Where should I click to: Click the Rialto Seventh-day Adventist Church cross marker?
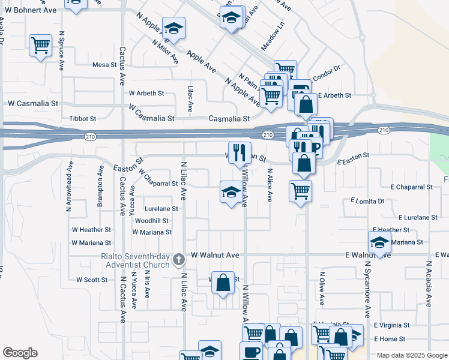(x=178, y=260)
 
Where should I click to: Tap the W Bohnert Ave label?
(x=31, y=10)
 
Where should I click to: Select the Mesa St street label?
(x=104, y=65)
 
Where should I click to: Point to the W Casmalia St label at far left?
(x=32, y=103)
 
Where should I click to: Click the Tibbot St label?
(x=83, y=119)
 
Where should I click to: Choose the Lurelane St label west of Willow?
(x=161, y=209)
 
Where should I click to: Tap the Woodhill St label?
(x=152, y=221)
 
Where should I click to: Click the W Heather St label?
(x=91, y=230)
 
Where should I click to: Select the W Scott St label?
(x=91, y=280)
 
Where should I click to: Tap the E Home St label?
(x=391, y=339)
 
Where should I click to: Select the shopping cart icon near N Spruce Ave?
(x=41, y=45)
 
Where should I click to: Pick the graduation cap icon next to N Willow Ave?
(x=231, y=192)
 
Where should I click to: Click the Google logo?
(x=20, y=353)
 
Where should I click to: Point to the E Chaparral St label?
(x=411, y=187)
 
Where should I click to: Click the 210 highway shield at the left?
(x=90, y=137)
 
